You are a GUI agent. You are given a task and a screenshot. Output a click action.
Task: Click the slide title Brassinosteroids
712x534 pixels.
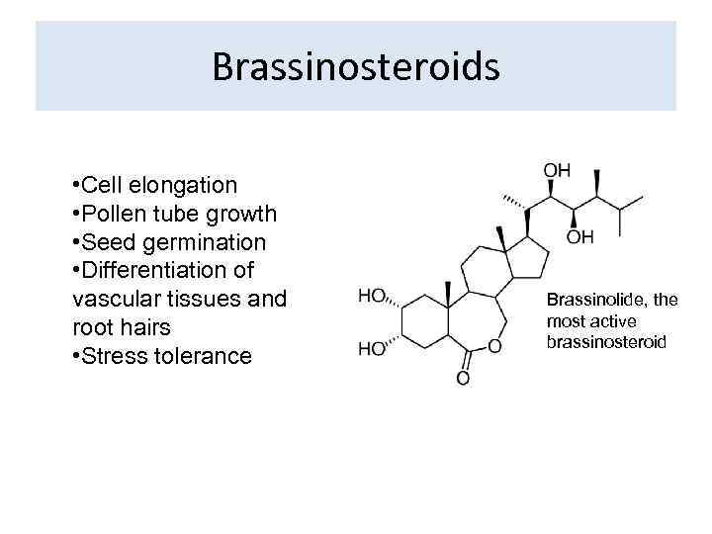[x=355, y=67]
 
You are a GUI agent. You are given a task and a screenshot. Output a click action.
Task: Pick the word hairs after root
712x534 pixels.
[x=151, y=327]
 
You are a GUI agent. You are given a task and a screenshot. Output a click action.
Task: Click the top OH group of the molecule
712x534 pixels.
[x=557, y=170]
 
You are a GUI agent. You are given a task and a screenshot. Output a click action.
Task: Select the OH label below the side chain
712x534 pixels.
[x=580, y=237]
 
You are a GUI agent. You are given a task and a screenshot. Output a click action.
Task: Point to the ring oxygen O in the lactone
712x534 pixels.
[x=494, y=347]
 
